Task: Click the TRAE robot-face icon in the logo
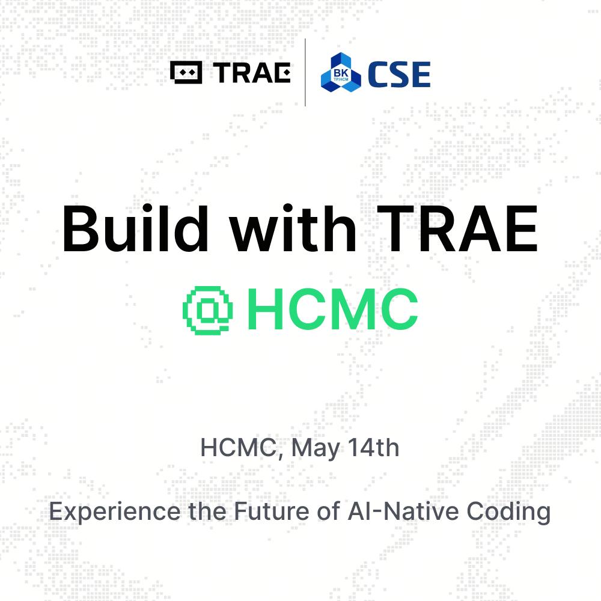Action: pos(186,73)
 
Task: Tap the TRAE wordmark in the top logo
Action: pos(252,73)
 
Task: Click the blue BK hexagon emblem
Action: pos(341,73)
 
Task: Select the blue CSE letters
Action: pos(399,74)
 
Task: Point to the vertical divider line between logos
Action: pos(305,73)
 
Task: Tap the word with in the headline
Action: pos(293,229)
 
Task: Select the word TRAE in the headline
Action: pos(457,229)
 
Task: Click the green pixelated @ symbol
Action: pos(208,311)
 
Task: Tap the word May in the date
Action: pos(316,448)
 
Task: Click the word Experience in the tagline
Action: pos(115,512)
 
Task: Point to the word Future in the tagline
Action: pos(272,511)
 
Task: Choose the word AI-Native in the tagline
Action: pos(403,511)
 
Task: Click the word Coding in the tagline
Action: pos(508,513)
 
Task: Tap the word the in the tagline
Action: pos(207,511)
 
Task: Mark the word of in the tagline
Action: pos(328,511)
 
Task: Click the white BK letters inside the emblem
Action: pos(341,73)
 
